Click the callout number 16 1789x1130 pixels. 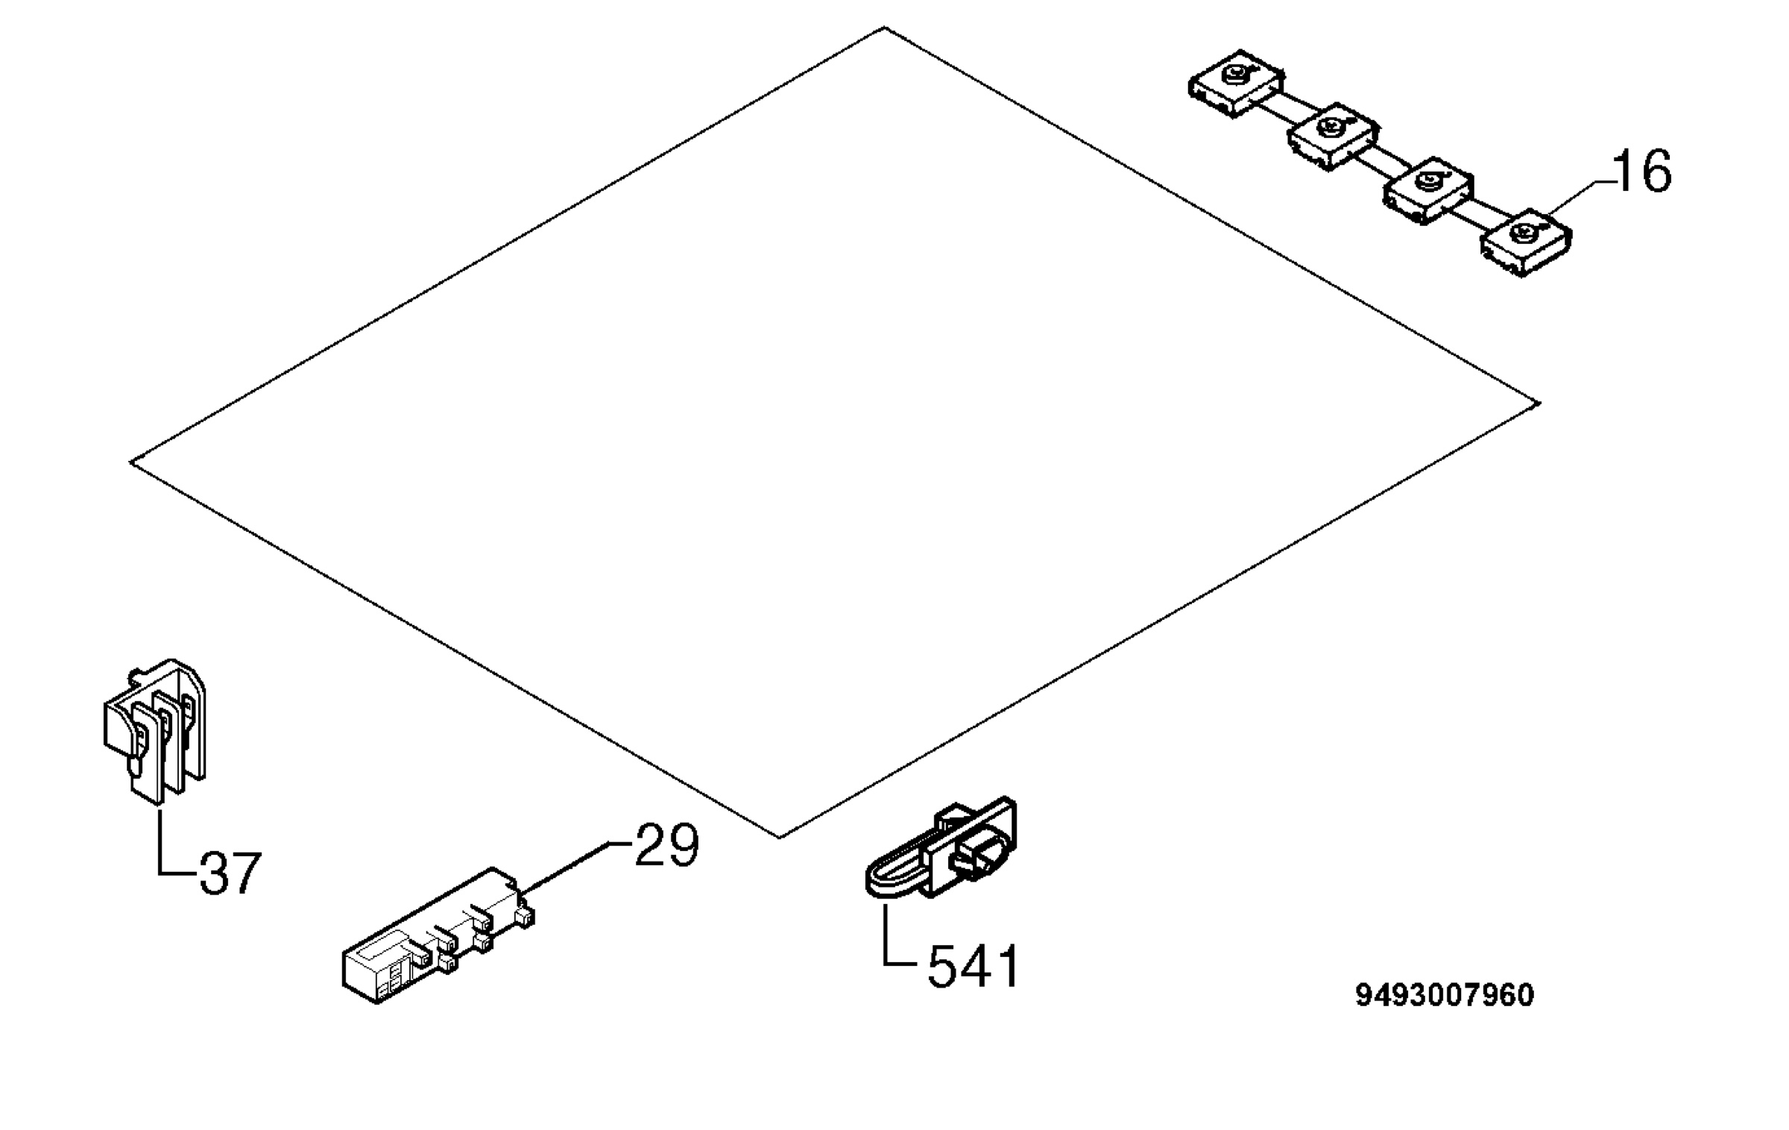1643,172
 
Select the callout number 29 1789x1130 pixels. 666,845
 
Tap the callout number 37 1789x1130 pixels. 230,873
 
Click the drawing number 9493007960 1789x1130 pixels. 1445,996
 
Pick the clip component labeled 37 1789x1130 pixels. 154,730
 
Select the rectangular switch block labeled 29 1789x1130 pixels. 438,937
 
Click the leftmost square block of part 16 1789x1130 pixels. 1235,83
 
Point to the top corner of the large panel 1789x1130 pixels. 884,28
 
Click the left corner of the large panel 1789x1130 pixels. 131,462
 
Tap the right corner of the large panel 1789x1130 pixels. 1539,404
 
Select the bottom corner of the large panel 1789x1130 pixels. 780,838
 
